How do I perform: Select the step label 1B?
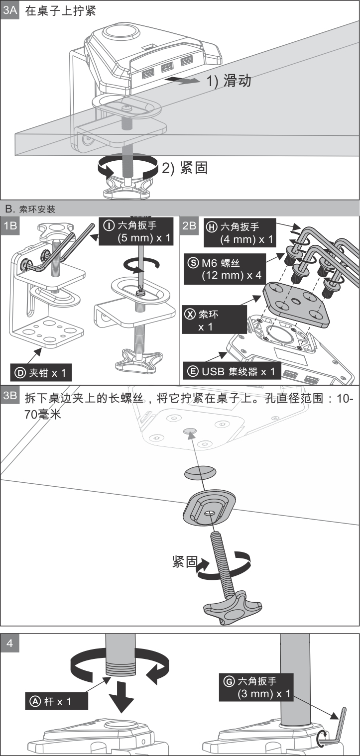pos(10,226)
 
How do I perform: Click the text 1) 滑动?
pos(229,81)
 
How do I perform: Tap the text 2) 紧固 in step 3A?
pos(184,168)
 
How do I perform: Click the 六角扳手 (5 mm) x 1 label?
pos(136,232)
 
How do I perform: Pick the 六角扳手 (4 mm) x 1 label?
pos(240,233)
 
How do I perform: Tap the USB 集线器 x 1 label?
pos(232,372)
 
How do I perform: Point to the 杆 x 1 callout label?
pos(56,701)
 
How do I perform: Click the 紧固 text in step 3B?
pos(184,562)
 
